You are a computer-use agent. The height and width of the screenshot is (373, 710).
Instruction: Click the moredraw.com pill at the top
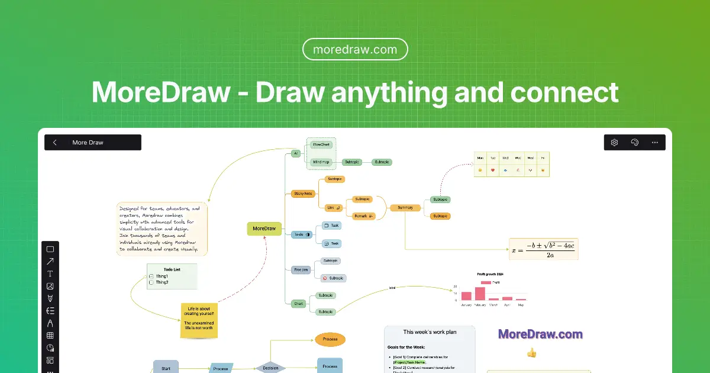pyautogui.click(x=355, y=49)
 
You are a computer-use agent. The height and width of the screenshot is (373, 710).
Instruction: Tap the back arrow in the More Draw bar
pyautogui.click(x=55, y=142)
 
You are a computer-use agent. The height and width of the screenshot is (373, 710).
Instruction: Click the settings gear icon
pyautogui.click(x=614, y=142)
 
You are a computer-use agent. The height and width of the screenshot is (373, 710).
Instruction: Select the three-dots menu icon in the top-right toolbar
pyautogui.click(x=654, y=142)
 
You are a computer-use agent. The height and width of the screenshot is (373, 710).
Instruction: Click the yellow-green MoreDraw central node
pyautogui.click(x=264, y=229)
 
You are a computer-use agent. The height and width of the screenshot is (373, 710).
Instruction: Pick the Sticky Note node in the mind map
pyautogui.click(x=304, y=194)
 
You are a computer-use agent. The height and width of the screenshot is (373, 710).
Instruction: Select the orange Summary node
pyautogui.click(x=405, y=207)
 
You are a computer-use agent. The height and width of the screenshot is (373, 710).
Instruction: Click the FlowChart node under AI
pyautogui.click(x=321, y=144)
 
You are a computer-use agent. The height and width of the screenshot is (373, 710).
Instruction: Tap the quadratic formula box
pyautogui.click(x=543, y=249)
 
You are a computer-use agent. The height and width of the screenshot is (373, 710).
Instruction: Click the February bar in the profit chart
pyautogui.click(x=480, y=294)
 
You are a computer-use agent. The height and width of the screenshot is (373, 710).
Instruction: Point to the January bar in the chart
pyautogui.click(x=466, y=296)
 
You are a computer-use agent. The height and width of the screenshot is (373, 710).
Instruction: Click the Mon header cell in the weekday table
pyautogui.click(x=480, y=158)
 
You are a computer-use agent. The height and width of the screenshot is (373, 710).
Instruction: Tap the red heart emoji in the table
pyautogui.click(x=493, y=171)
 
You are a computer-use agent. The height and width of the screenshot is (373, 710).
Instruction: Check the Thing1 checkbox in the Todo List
pyautogui.click(x=151, y=276)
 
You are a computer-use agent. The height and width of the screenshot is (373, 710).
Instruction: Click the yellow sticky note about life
pyautogui.click(x=199, y=320)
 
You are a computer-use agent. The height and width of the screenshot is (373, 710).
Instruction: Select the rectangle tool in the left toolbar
pyautogui.click(x=50, y=249)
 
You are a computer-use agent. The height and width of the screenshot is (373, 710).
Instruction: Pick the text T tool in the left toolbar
pyautogui.click(x=50, y=274)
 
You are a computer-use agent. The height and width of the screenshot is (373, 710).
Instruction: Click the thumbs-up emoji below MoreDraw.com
pyautogui.click(x=531, y=353)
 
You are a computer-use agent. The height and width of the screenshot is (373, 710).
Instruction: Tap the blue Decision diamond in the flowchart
pyautogui.click(x=270, y=368)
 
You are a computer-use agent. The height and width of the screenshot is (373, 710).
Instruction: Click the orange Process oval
pyautogui.click(x=330, y=339)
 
